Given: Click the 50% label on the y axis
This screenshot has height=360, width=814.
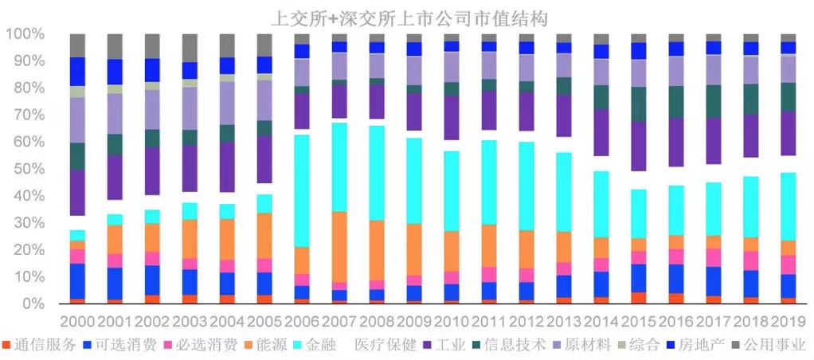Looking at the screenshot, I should (27, 169).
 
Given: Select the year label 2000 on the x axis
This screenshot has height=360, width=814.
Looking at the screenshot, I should (77, 322).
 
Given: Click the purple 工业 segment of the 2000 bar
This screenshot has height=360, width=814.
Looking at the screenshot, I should (77, 192).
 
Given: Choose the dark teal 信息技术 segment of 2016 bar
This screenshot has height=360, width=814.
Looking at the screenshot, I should (676, 102).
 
